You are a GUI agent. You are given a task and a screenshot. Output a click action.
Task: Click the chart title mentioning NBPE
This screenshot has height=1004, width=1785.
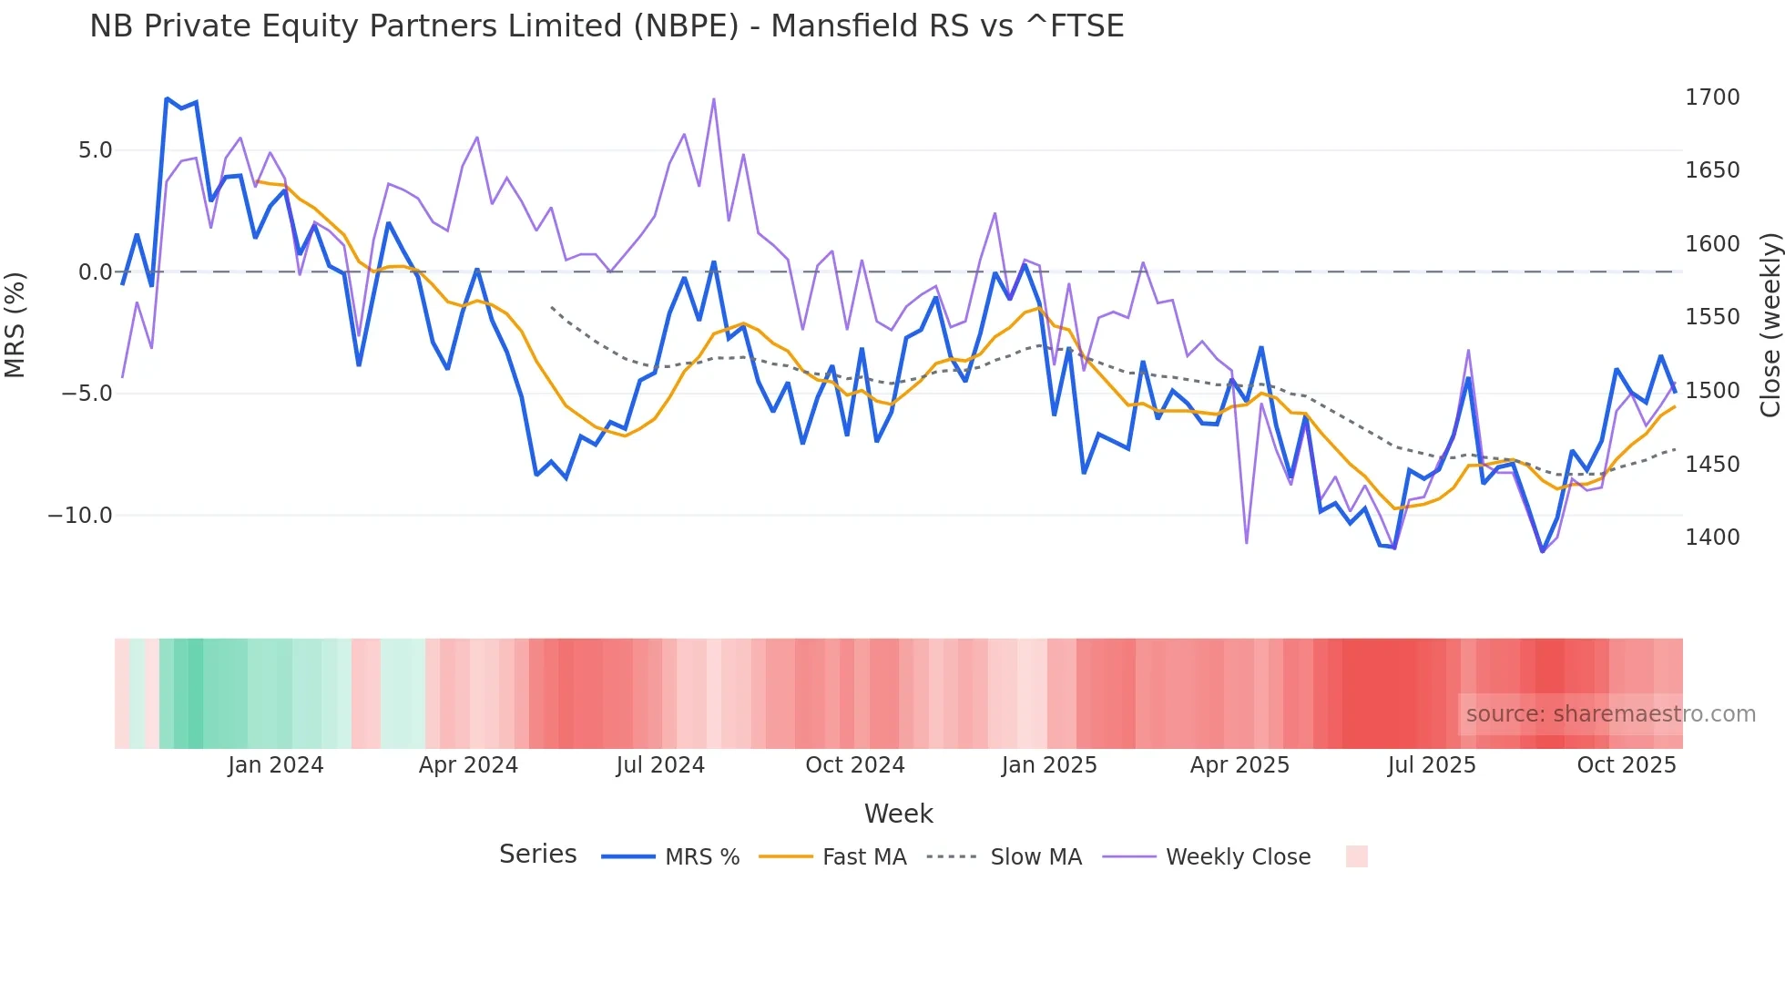pos(607,26)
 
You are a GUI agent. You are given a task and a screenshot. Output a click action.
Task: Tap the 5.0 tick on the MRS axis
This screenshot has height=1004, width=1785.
pos(95,150)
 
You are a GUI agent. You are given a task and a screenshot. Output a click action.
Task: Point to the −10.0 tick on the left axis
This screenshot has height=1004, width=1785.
pos(80,516)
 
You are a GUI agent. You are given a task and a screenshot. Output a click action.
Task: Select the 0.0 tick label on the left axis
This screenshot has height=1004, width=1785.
pos(95,272)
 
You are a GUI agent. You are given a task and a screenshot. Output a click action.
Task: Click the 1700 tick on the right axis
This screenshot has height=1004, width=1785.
pos(1712,97)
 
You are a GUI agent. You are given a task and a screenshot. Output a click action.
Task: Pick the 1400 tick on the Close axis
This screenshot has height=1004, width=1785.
pos(1712,538)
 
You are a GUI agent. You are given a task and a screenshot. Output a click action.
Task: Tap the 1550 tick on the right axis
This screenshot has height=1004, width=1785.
pos(1712,317)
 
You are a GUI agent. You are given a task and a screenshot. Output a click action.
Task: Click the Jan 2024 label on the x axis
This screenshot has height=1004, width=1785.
pos(275,765)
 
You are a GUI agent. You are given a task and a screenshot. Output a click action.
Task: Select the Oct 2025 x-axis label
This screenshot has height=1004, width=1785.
pos(1626,765)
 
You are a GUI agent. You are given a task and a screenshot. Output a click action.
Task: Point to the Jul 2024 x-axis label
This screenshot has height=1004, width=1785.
pos(660,765)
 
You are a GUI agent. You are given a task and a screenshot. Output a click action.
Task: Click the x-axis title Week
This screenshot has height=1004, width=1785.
pos(898,814)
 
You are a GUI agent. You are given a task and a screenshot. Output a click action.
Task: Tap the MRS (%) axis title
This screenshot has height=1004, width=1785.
pos(15,325)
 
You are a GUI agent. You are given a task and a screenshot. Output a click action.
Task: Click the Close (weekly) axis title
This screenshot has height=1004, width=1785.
pos(1770,325)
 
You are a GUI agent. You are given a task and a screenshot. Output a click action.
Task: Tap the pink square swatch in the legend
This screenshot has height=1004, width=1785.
pos(1356,856)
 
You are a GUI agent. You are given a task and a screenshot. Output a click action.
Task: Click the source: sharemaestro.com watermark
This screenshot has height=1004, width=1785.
pos(1610,714)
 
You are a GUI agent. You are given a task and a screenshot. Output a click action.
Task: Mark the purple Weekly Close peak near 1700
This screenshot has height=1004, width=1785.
pos(713,99)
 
